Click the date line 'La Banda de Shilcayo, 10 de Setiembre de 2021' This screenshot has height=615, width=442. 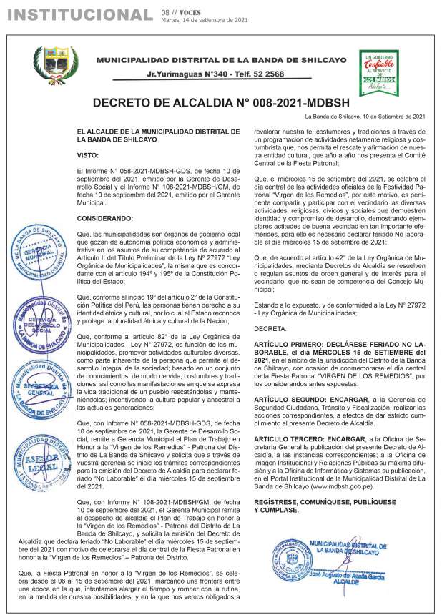(365, 117)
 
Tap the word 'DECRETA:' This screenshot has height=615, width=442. (270, 328)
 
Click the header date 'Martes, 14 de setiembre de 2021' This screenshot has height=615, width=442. (205, 20)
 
